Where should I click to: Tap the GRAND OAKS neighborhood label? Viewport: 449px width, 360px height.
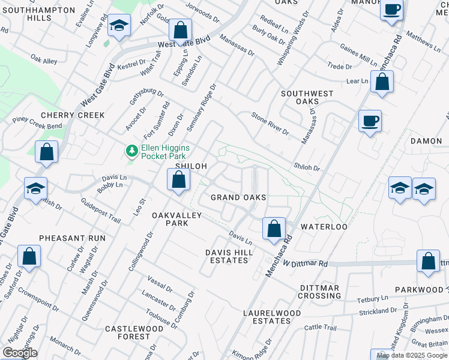[x=238, y=197]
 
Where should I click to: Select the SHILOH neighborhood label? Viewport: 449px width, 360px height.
[x=191, y=166]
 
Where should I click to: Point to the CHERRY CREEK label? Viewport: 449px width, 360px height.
[x=73, y=115]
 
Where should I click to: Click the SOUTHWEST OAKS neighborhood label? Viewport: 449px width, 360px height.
[x=307, y=98]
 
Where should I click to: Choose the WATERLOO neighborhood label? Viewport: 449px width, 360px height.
[x=324, y=227]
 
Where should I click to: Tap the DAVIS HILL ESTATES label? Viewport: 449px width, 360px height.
[x=226, y=256]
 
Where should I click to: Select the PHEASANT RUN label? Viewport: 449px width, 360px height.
[x=72, y=238]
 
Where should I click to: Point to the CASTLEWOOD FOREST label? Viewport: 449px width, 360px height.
[x=135, y=333]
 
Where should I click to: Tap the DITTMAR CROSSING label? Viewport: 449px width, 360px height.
[x=320, y=292]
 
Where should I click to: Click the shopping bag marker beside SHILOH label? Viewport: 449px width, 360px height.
[x=178, y=179]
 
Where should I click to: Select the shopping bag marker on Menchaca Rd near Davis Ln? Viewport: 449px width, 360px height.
[x=274, y=229]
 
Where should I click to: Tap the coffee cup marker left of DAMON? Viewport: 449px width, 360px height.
[x=370, y=121]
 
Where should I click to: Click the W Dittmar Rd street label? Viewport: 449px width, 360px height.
[x=306, y=263]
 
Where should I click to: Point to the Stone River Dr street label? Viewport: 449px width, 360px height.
[x=270, y=124]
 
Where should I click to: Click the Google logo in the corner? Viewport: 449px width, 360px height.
[x=20, y=353]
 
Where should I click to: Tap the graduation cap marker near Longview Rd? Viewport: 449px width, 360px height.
[x=119, y=26]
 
